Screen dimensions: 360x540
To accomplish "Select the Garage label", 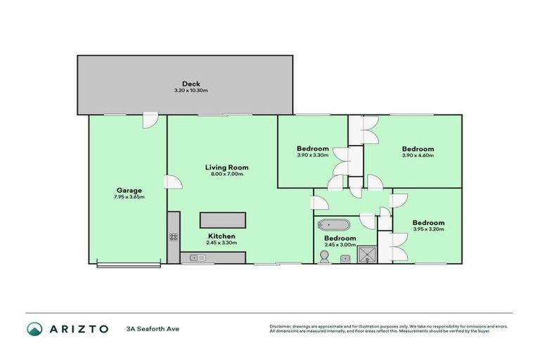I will [x=129, y=190].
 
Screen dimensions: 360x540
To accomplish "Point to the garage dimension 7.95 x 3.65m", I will [x=129, y=197].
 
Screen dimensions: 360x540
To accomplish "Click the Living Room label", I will [x=226, y=167].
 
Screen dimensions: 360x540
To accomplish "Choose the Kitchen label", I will [x=221, y=236].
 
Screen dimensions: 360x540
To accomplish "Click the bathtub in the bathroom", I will [x=334, y=226].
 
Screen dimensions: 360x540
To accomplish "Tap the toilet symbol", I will [x=323, y=258].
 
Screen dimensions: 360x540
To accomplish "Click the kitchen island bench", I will [x=223, y=220].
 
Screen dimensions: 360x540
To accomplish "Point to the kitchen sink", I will [x=197, y=258].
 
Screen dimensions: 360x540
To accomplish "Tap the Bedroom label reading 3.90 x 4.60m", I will [x=418, y=149].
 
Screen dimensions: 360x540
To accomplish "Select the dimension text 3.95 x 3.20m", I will [x=428, y=230].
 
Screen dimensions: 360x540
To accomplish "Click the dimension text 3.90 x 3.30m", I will [x=313, y=155].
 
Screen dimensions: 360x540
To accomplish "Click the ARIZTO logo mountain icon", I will [x=34, y=328].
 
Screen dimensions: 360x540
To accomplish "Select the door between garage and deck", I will [x=149, y=120].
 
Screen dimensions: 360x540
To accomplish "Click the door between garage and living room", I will [x=172, y=182].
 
